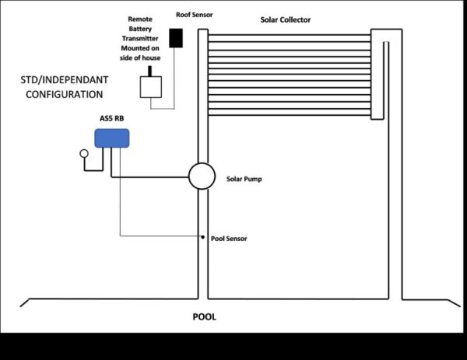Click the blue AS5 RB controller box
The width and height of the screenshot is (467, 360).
coord(111,138)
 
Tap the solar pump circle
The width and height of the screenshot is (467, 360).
coord(202,176)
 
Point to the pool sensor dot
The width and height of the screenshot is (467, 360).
coord(203,236)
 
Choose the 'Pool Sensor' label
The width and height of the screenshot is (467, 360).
coord(229,238)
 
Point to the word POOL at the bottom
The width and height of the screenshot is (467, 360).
coord(204,317)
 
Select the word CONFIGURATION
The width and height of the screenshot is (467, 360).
coord(64,94)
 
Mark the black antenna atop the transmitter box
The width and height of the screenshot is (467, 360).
coord(149,70)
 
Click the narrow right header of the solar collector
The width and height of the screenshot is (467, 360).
coord(377,75)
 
